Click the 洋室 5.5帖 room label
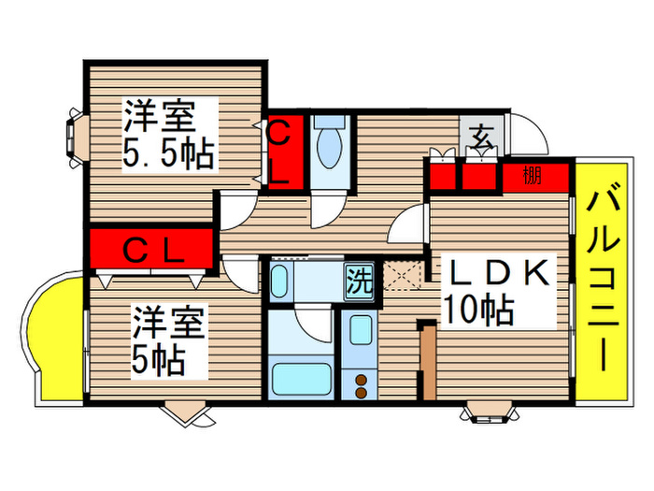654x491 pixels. (168, 136)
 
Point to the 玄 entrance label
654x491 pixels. (481, 138)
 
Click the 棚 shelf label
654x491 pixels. (533, 175)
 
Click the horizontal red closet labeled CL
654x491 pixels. (152, 249)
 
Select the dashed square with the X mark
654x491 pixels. (405, 278)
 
